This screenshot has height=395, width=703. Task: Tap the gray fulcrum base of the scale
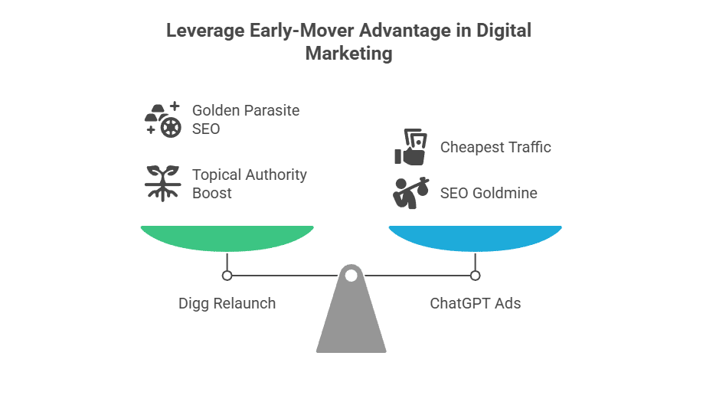point(351,318)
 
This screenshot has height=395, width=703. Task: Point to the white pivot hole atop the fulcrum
point(351,275)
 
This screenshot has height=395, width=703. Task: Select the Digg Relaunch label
point(227,303)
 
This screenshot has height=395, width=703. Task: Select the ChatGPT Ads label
point(475,303)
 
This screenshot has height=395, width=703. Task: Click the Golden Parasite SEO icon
point(162,119)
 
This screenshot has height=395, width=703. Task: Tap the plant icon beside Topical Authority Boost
point(162,184)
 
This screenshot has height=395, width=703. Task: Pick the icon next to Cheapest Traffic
point(410,147)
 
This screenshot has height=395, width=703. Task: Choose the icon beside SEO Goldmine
point(410,193)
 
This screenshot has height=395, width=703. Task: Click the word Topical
point(217,175)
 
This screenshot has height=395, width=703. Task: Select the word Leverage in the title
point(200,31)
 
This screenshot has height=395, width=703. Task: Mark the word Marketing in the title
point(348,54)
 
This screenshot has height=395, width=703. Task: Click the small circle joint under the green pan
point(227,275)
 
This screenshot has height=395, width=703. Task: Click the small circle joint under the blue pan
point(475,275)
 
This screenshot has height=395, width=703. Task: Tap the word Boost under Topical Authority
point(211,193)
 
